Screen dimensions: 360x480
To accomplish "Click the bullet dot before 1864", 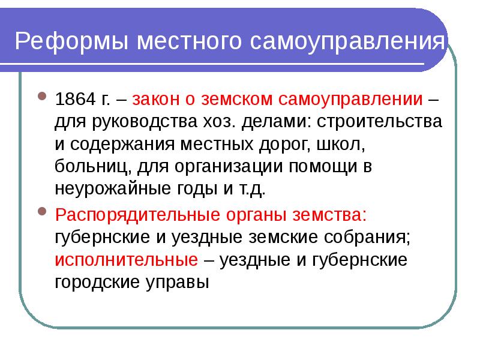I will pos(42,96).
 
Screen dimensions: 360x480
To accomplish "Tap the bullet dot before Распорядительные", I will pos(42,212).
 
